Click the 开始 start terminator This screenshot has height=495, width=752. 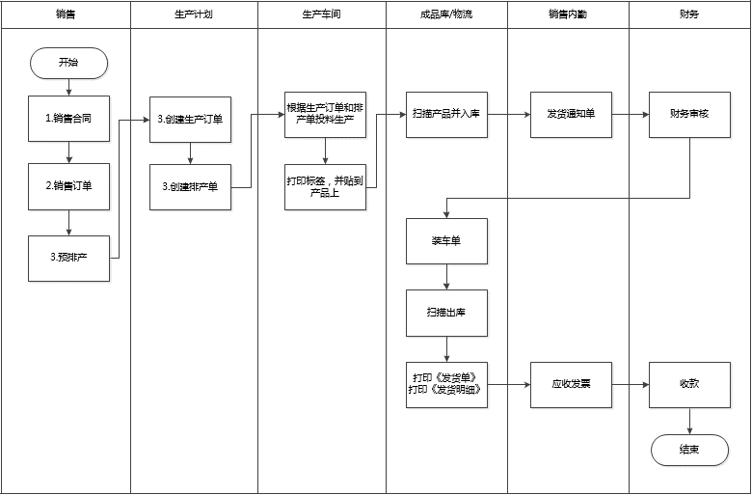[x=68, y=63]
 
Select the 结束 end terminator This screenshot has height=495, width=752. [x=689, y=450]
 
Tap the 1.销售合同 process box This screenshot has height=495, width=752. [x=68, y=119]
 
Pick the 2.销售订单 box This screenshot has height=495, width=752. [x=68, y=186]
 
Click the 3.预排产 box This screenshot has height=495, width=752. [x=68, y=259]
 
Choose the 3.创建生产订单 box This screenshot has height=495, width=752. [x=190, y=120]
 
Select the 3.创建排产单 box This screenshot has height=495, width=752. [x=190, y=187]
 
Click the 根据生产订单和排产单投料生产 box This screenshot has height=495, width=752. [x=325, y=115]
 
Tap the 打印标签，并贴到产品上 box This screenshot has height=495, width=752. [x=325, y=187]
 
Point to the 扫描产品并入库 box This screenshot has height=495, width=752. [x=447, y=115]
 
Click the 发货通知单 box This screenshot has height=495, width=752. [x=571, y=115]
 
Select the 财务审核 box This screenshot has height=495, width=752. [x=689, y=115]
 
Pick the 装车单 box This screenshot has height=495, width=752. [x=447, y=241]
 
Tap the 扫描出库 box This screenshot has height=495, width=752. [x=447, y=313]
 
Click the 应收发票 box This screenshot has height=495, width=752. [x=571, y=385]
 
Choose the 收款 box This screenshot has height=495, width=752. [x=689, y=385]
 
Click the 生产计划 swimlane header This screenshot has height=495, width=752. [x=194, y=14]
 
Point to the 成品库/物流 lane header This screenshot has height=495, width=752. [x=446, y=14]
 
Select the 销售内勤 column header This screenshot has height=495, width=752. [x=568, y=14]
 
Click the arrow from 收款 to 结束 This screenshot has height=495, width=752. [x=689, y=421]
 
